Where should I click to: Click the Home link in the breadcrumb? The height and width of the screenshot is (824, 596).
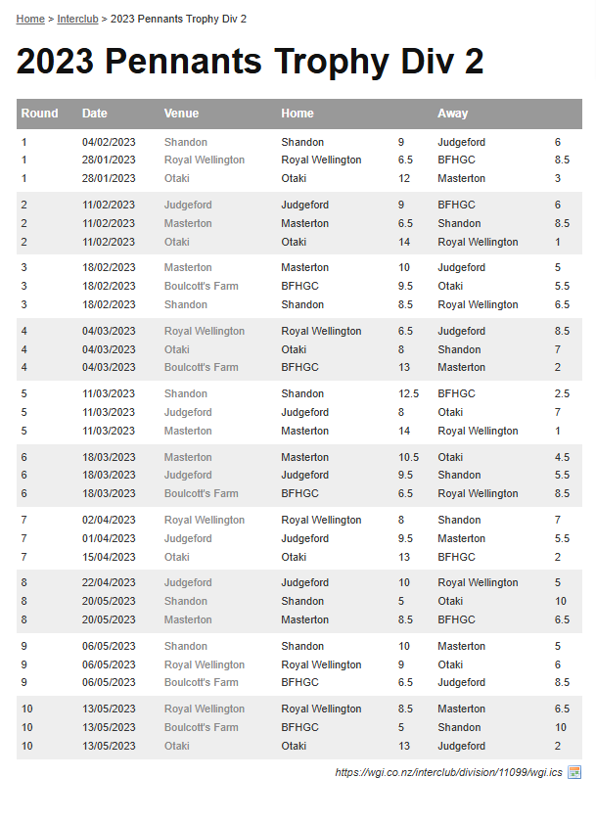[30, 19]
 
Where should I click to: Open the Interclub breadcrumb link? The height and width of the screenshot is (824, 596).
[77, 19]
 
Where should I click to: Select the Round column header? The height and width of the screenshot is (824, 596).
[40, 114]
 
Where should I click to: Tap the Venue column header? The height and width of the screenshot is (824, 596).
[181, 114]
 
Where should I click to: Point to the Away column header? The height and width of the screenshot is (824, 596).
[452, 114]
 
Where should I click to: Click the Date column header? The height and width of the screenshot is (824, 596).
[95, 114]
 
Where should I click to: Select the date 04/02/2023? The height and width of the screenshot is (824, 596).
[109, 142]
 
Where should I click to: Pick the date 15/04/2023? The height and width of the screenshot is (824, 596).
[109, 557]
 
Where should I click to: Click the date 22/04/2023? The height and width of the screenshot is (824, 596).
[109, 582]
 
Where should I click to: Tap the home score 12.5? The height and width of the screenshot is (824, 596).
[408, 393]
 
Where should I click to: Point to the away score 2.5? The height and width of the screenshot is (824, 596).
[562, 393]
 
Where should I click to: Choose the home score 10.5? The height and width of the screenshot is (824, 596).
[408, 457]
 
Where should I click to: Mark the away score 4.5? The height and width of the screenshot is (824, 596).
[562, 457]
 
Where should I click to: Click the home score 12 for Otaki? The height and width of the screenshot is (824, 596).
[404, 178]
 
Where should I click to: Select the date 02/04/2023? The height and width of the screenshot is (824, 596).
[109, 520]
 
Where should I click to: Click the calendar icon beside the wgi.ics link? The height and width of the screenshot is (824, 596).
[574, 772]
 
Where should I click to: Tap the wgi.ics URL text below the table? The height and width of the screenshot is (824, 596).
[448, 772]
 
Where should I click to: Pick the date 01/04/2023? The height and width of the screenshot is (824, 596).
[109, 538]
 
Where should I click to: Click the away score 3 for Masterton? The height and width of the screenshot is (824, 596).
[558, 178]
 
